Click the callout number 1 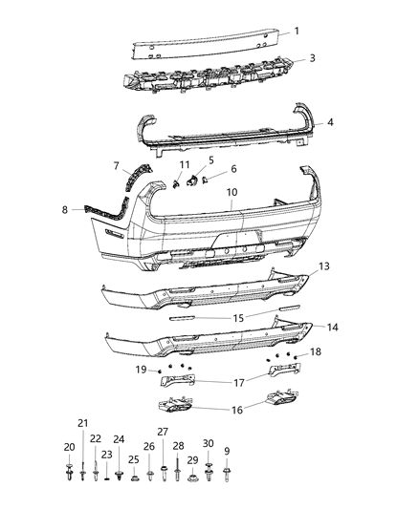pos(296,31)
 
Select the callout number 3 pos(312,58)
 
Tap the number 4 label pos(330,122)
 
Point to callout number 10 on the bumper pos(232,192)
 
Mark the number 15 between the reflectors pos(239,317)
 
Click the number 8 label pos(66,209)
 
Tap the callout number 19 pos(141,369)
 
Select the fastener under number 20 pos(70,470)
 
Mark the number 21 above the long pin pos(82,423)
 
